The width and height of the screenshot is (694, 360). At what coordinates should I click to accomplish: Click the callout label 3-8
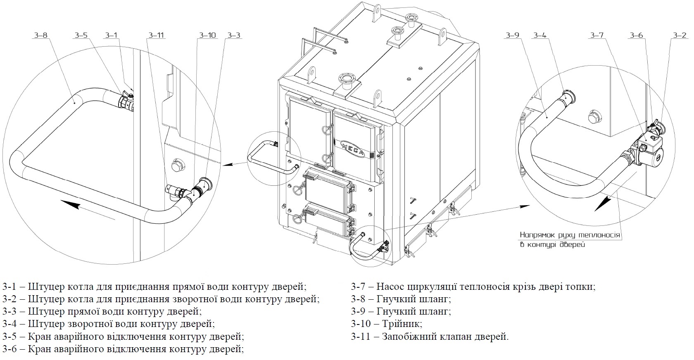[x=40, y=36]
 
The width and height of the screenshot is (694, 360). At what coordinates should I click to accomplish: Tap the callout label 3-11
[x=156, y=36]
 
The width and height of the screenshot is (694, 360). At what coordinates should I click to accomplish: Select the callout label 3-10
[x=207, y=36]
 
